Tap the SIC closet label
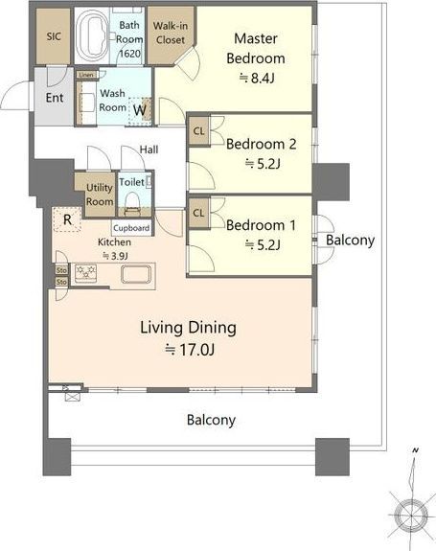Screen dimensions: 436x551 (x=54, y=36)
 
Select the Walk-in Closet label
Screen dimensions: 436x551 (x=171, y=33)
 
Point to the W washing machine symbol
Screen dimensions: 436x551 (x=140, y=110)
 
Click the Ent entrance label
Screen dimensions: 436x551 (x=55, y=98)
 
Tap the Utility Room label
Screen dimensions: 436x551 (x=100, y=195)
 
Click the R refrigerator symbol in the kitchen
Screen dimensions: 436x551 (x=67, y=219)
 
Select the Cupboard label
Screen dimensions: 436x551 (x=131, y=228)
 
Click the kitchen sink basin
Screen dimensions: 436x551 (x=136, y=274)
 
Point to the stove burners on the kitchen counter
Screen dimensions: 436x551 (x=85, y=273)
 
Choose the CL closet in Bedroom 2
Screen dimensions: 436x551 (x=199, y=131)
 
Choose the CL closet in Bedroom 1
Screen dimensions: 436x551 (x=199, y=213)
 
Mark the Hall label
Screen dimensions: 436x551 (x=149, y=149)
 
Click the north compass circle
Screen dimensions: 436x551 (x=411, y=516)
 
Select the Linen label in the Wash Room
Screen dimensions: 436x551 (x=86, y=75)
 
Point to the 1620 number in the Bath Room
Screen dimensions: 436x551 (x=129, y=54)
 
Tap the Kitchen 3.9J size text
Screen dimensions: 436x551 (x=115, y=256)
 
